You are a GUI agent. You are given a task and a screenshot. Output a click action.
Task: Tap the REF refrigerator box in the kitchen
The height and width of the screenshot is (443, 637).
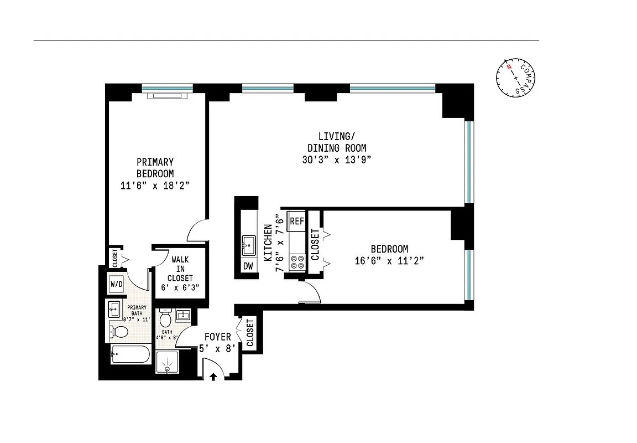(x=297, y=220)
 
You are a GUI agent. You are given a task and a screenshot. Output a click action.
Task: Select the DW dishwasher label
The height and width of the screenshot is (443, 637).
(x=248, y=266)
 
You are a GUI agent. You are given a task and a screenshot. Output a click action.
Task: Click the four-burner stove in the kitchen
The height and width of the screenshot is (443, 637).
(x=297, y=262)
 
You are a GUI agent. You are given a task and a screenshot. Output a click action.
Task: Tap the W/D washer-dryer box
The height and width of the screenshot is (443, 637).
(x=117, y=285)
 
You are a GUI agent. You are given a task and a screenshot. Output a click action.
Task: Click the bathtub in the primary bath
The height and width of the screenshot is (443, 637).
(x=130, y=354)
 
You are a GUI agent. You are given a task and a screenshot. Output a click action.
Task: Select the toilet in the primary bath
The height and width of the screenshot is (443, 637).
(x=118, y=332)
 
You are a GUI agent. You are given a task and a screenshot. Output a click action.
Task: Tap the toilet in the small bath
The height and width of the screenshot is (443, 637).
(x=165, y=318)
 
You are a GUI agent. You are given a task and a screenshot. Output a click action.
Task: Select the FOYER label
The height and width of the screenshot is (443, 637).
(x=217, y=337)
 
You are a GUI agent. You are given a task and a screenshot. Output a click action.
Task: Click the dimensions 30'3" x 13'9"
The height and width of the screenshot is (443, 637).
(x=336, y=160)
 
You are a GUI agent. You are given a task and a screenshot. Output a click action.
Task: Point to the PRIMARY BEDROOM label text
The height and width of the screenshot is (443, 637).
(x=155, y=167)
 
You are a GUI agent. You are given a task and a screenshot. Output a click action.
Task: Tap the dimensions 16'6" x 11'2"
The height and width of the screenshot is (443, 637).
(x=389, y=261)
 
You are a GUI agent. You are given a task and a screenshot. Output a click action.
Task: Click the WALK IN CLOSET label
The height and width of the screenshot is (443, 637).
(x=181, y=269)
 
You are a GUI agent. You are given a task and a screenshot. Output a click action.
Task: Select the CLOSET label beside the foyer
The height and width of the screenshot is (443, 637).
(x=250, y=333)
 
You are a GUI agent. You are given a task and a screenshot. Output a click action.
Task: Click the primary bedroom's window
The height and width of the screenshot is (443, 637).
(x=167, y=87)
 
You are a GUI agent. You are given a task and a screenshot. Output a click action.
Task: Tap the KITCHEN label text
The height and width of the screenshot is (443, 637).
(x=268, y=243)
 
